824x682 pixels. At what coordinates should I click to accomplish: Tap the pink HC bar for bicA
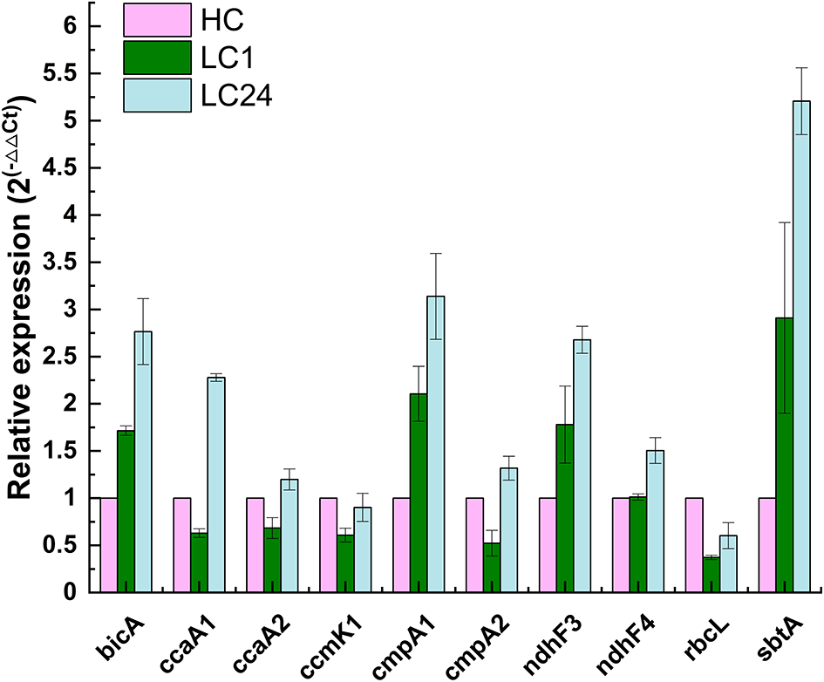point(109,545)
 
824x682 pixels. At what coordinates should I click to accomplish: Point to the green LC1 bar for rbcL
point(711,575)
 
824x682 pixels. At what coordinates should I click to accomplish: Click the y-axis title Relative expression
point(21,297)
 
